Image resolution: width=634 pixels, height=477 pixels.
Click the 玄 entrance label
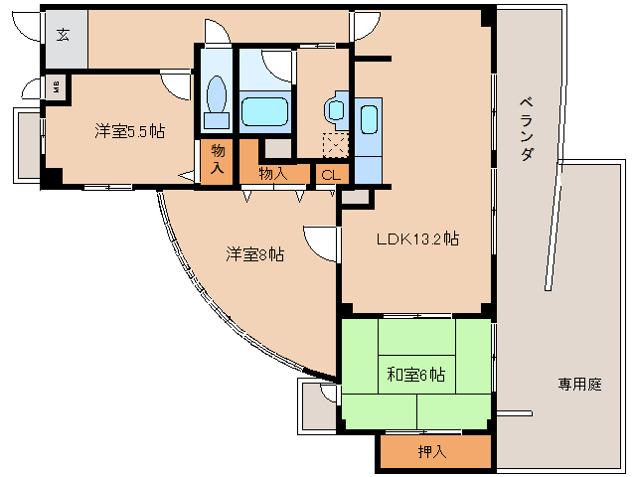click(x=63, y=36)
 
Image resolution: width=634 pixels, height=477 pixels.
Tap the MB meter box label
click(x=56, y=86)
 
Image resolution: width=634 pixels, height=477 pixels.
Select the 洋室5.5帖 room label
click(x=129, y=131)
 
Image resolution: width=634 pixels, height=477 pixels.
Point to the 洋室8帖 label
click(x=254, y=254)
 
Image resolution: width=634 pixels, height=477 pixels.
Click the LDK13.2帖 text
click(x=416, y=238)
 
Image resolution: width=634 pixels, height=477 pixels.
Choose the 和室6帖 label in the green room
click(x=415, y=375)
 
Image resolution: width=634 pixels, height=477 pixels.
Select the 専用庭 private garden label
click(x=579, y=384)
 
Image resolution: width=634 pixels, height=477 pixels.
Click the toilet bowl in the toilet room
click(x=216, y=99)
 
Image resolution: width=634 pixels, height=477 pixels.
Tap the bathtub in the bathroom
click(x=264, y=109)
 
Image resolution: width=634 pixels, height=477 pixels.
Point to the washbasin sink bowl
click(x=334, y=109)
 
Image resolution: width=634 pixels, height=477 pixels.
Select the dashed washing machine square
click(x=336, y=145)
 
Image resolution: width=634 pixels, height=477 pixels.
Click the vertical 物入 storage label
click(x=218, y=159)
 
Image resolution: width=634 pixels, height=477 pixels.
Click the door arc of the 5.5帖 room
click(x=177, y=85)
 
